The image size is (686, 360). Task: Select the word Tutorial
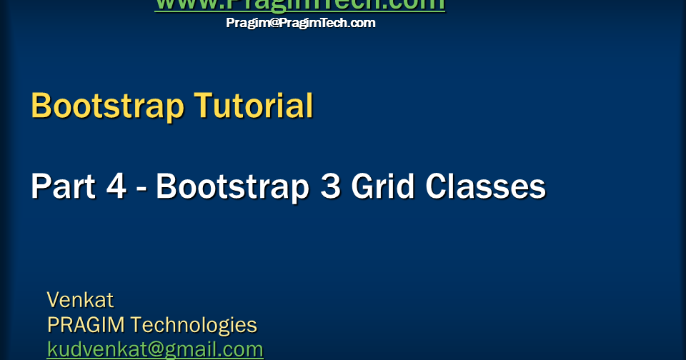[x=254, y=106]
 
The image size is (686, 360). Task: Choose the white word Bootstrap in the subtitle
[x=229, y=187]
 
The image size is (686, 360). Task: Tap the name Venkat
[x=80, y=299]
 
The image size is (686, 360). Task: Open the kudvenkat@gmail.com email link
[x=155, y=349]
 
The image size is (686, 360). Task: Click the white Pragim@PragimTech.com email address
[x=301, y=23]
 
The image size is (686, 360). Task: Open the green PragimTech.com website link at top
[x=300, y=5]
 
